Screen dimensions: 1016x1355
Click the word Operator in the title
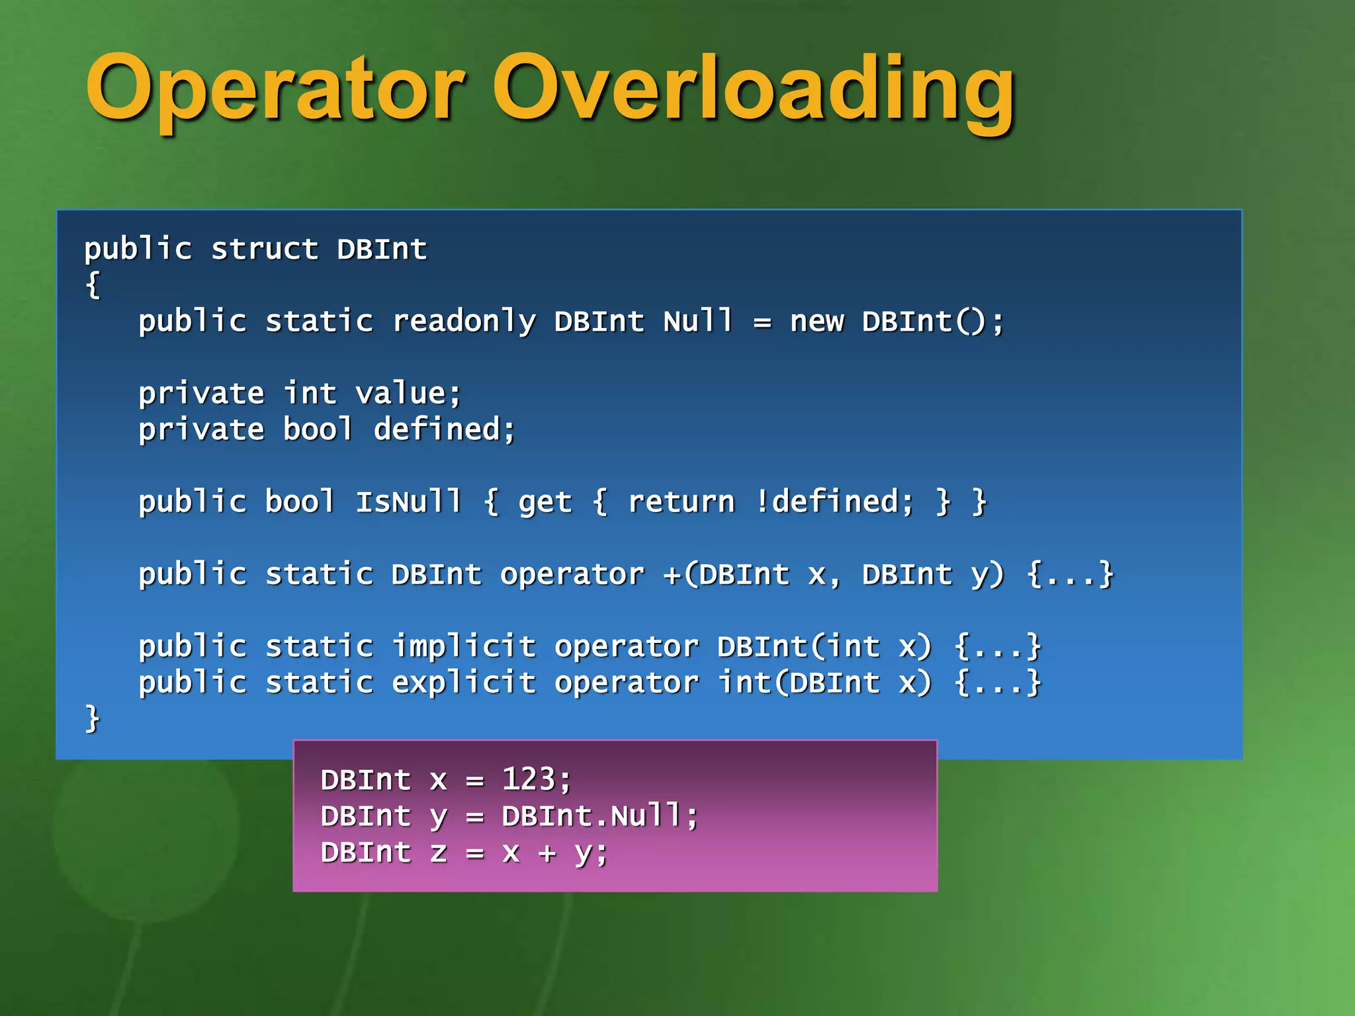(275, 89)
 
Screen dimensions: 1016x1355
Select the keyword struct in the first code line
(264, 250)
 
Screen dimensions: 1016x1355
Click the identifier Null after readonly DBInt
(698, 322)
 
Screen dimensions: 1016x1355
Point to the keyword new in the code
(816, 322)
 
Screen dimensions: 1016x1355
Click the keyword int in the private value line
(310, 394)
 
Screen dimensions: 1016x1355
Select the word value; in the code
(408, 394)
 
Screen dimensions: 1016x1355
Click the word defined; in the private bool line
(444, 430)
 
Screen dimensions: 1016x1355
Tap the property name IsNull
(408, 502)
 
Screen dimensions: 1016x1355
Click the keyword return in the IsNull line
(681, 502)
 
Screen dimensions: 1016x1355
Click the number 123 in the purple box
(528, 780)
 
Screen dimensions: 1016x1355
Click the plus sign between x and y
(546, 853)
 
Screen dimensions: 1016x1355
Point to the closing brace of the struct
(92, 719)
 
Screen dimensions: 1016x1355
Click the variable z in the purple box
(438, 853)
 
